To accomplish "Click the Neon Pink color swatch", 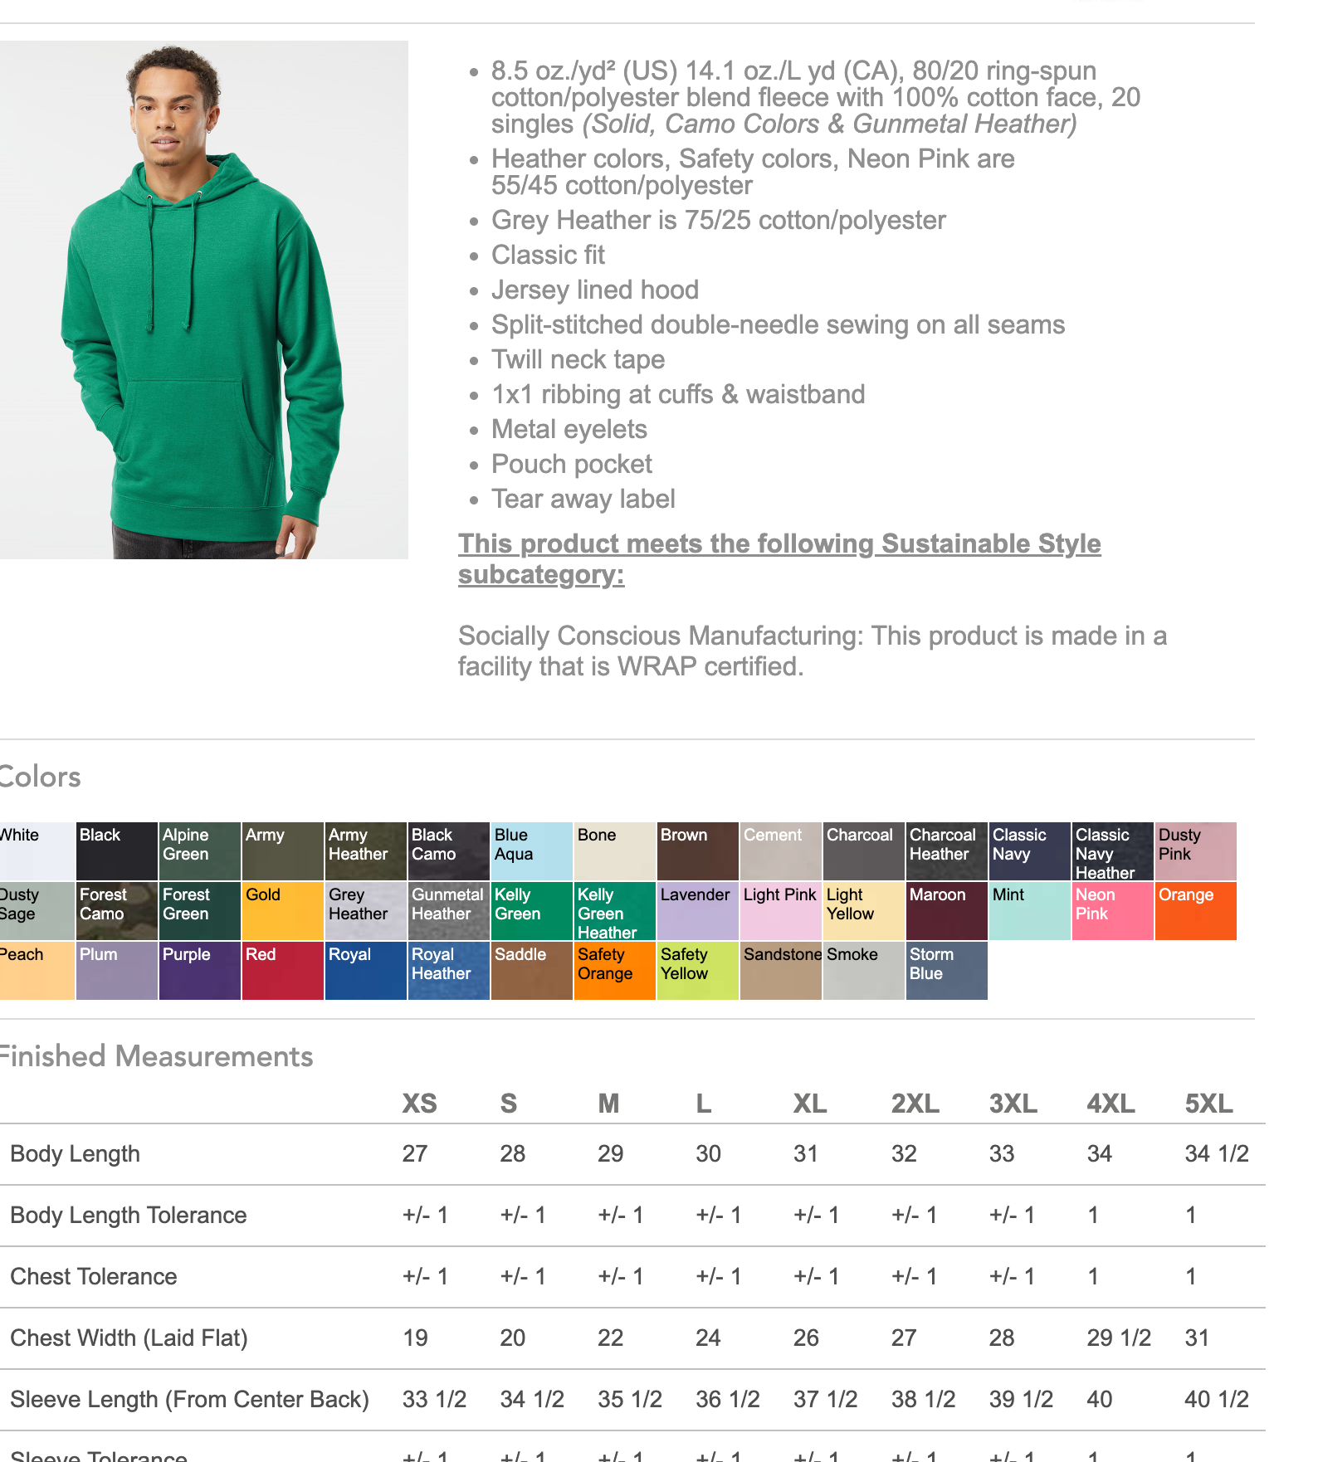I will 1112,911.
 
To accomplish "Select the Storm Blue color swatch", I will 946,971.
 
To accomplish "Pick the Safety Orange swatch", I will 614,971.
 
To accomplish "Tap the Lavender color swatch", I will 697,911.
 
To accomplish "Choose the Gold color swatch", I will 282,911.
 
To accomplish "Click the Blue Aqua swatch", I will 531,851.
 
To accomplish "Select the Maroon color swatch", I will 946,911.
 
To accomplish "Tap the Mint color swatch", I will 1029,911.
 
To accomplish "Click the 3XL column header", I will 1013,1104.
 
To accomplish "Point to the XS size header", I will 419,1104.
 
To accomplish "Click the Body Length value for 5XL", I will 1216,1153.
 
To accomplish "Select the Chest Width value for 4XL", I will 1119,1338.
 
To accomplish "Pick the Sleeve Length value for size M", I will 629,1399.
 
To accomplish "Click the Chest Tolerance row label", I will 94,1276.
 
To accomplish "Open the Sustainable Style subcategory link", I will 779,558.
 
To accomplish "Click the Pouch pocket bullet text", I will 571,464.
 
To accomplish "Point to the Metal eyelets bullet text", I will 569,429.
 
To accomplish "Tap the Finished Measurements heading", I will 158,1056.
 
